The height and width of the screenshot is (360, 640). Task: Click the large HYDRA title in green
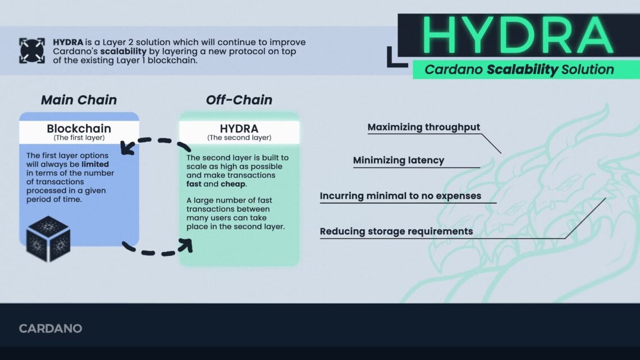click(517, 35)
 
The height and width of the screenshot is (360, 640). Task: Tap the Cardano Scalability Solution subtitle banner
click(519, 70)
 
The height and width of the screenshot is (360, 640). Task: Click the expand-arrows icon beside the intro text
click(31, 51)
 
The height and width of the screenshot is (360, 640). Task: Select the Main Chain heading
click(79, 100)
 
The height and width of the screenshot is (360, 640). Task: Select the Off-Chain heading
click(239, 100)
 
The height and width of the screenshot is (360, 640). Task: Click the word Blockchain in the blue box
click(79, 129)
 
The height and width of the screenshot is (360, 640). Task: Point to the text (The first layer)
click(79, 138)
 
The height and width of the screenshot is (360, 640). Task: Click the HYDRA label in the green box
click(239, 129)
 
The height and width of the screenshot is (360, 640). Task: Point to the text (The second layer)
click(239, 138)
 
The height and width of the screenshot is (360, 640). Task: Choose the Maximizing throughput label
click(424, 127)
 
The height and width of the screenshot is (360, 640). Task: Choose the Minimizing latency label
click(399, 161)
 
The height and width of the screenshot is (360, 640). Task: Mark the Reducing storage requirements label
click(396, 231)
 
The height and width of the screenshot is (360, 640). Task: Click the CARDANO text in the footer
click(51, 329)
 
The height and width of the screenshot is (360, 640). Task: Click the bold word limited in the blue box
click(95, 164)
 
